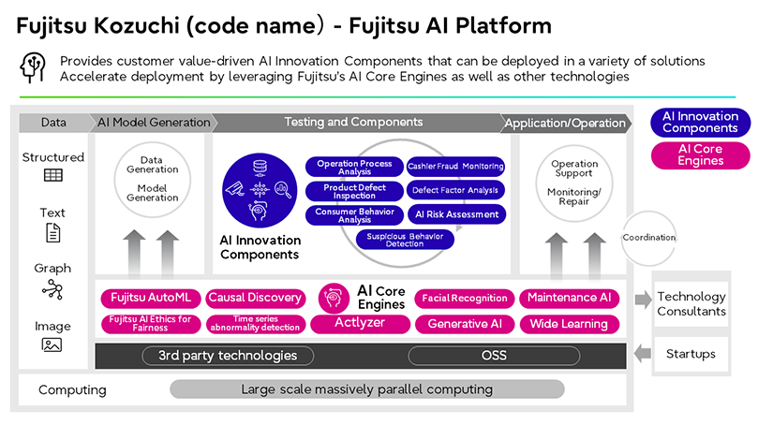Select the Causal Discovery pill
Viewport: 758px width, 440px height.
[x=255, y=298]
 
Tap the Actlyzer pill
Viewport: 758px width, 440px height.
[x=360, y=324]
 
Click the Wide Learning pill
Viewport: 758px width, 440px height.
[x=569, y=324]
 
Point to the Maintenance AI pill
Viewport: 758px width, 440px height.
[x=569, y=298]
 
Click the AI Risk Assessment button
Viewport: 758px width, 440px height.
[x=457, y=213]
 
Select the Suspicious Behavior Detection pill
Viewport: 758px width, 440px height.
[x=406, y=240]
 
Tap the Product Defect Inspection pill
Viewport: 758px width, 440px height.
[x=355, y=191]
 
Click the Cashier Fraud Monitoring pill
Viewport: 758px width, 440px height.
[x=457, y=167]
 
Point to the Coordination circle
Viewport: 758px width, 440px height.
[x=648, y=238]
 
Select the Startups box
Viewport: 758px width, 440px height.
[x=691, y=354]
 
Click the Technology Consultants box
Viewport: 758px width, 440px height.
[x=691, y=303]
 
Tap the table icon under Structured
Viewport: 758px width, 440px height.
[x=52, y=176]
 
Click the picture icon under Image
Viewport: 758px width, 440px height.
[x=52, y=345]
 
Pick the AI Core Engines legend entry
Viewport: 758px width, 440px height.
[x=701, y=154]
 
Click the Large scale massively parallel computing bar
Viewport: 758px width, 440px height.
[x=367, y=389]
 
